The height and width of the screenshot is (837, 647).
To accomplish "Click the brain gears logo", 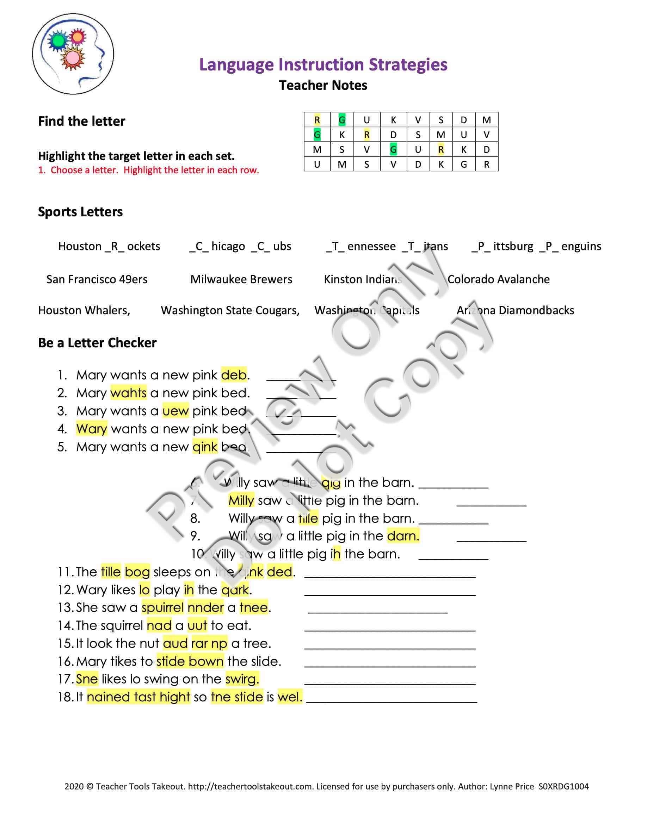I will click(x=73, y=54).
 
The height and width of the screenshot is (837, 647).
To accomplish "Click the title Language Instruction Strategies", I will click(x=323, y=64).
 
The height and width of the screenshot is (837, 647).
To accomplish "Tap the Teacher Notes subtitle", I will click(x=323, y=85).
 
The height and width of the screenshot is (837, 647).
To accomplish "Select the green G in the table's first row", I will click(x=341, y=120).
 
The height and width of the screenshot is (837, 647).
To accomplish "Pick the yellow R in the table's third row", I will click(x=441, y=149).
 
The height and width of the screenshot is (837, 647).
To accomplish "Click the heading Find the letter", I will click(x=81, y=121).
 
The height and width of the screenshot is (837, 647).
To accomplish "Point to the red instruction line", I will click(x=148, y=170).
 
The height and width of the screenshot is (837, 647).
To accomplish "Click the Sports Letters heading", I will click(x=80, y=212).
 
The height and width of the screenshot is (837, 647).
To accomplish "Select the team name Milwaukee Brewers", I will click(x=241, y=279).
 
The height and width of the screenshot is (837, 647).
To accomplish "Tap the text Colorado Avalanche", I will click(x=498, y=279).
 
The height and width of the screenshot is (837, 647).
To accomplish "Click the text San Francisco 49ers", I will click(x=97, y=279).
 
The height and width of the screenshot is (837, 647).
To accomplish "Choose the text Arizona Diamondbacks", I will click(x=515, y=310).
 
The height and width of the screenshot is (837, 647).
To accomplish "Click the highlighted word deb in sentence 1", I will click(x=234, y=375).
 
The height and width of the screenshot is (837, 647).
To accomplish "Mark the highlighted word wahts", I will click(x=128, y=393).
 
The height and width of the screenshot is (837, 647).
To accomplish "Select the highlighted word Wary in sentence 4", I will click(x=92, y=428).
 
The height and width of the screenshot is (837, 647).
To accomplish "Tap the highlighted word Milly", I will click(x=241, y=500).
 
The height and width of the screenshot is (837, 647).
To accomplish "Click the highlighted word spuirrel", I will click(x=162, y=607).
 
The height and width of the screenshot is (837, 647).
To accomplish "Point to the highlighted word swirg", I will click(x=242, y=679).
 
